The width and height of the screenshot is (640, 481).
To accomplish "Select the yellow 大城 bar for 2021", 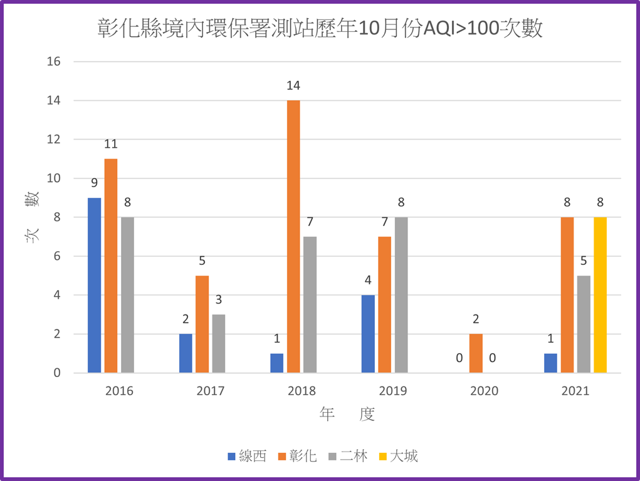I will [x=600, y=295].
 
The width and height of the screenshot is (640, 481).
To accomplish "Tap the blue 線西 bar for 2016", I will [x=94, y=285].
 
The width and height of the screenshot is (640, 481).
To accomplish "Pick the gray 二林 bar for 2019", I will [x=401, y=295].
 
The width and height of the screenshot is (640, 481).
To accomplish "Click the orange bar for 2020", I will [x=476, y=353].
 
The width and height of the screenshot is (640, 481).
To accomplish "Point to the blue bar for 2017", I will [x=186, y=353].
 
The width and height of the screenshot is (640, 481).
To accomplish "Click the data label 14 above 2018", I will [x=293, y=86].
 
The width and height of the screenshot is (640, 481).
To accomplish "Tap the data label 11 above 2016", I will [x=111, y=144].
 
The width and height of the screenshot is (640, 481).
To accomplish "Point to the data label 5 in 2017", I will [x=202, y=261].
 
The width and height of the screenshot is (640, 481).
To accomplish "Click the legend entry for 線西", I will [x=247, y=456].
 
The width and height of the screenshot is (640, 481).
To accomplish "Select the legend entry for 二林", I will [x=348, y=456].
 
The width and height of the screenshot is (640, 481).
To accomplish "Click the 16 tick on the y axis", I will [x=53, y=61].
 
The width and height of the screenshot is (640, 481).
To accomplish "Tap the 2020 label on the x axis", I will [x=484, y=391].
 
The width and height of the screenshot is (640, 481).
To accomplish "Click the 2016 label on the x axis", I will [x=119, y=391].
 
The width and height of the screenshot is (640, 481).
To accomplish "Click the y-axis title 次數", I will [x=33, y=217].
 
